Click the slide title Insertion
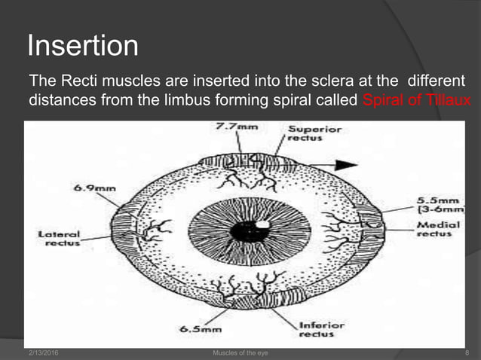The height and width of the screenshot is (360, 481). (83, 47)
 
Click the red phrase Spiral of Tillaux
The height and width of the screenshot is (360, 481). (416, 99)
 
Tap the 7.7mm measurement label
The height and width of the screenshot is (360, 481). (235, 128)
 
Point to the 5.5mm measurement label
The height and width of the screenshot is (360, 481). (432, 202)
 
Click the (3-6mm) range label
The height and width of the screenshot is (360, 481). (436, 213)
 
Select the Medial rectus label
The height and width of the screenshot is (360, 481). (435, 230)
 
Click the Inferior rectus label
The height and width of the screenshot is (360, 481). (320, 330)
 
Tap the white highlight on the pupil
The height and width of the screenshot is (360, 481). (263, 224)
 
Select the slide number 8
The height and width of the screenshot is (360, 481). (467, 352)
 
